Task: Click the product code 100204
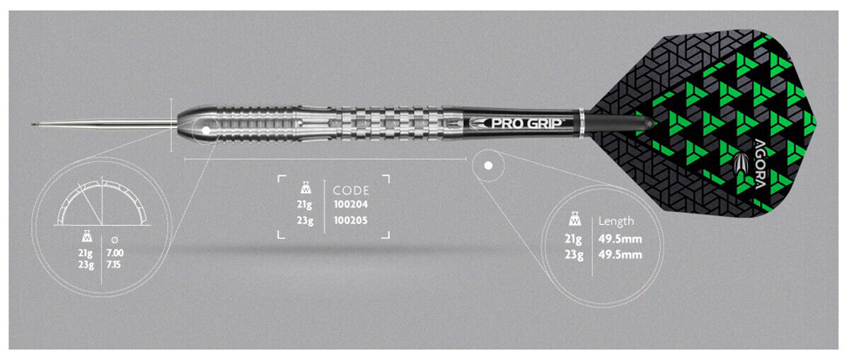coord(351,204)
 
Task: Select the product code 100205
coord(351,220)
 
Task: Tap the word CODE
coord(351,190)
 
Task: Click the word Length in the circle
coord(616,221)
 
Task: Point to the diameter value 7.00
coord(115,252)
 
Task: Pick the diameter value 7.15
coord(114,265)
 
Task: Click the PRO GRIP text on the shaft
coord(527,124)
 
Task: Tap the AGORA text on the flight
coord(760,164)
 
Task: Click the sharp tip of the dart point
coord(33,124)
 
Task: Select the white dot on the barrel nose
coord(206,130)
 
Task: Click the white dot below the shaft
coord(489,166)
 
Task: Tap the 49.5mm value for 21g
coord(620,239)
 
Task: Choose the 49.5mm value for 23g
coord(620,255)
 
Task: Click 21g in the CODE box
coord(304,205)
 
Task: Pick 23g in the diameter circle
coord(86,265)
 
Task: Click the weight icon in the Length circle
coord(575,220)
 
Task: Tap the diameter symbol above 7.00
coord(115,240)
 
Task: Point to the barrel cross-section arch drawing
coord(102,203)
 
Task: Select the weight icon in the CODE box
coord(306,188)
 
